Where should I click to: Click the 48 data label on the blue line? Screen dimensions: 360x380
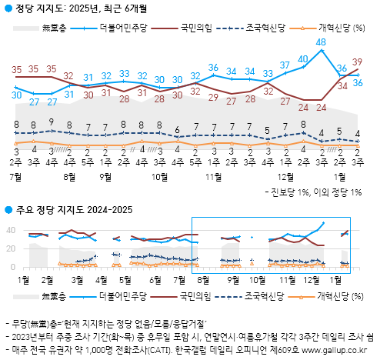321,42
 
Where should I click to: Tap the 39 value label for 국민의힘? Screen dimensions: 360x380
358,62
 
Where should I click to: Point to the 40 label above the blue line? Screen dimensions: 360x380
303,58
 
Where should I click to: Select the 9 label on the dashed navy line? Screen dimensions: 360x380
51,122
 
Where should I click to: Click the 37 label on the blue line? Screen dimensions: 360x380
285,65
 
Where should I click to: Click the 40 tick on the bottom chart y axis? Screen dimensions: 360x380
10,230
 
